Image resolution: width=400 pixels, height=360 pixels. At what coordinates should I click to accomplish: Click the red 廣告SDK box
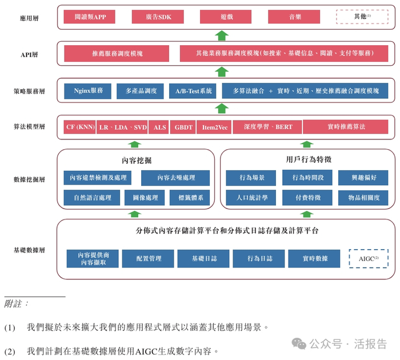click(x=158, y=17)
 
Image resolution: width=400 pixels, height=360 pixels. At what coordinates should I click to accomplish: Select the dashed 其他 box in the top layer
click(x=362, y=17)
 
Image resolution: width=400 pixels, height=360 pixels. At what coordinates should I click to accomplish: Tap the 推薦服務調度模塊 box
click(x=117, y=54)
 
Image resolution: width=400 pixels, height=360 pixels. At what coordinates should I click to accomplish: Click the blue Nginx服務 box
click(x=88, y=91)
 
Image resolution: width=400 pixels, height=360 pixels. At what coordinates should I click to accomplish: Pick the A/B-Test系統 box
click(x=193, y=91)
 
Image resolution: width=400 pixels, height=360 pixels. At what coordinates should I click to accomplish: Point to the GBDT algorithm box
click(x=183, y=127)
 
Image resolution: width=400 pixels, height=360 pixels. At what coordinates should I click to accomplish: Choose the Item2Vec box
click(x=214, y=127)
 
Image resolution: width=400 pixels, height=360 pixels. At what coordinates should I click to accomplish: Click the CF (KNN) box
click(x=80, y=127)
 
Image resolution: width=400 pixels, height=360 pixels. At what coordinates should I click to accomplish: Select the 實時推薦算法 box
click(x=346, y=127)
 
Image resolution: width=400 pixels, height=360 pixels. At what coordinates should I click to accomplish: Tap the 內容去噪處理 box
click(x=175, y=178)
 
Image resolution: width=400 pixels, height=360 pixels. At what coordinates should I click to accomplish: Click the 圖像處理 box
click(x=145, y=198)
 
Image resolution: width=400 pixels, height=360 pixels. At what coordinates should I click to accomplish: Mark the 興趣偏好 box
click(x=363, y=178)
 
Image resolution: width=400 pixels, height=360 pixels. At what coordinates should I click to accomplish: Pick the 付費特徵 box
click(x=307, y=198)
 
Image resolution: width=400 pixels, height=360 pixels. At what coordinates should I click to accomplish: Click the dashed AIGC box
click(x=369, y=259)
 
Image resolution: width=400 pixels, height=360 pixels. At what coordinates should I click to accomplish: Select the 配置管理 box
click(x=148, y=259)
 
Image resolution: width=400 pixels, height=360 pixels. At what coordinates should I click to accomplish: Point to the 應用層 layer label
click(x=29, y=18)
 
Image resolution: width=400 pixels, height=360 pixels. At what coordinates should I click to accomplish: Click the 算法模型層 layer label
click(x=29, y=127)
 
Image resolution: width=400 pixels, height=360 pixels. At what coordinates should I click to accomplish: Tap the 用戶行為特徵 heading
click(x=309, y=160)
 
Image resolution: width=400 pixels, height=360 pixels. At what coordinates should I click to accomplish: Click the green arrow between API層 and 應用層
click(x=222, y=35)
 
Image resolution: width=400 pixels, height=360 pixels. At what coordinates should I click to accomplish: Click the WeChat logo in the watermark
click(x=299, y=343)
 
